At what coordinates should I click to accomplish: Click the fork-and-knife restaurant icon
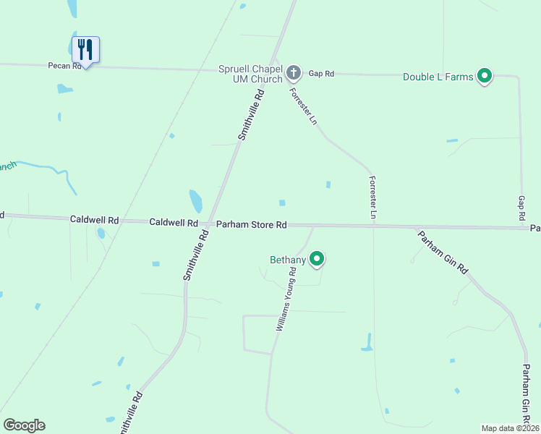[x=85, y=49]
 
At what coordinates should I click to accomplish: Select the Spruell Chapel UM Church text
[x=250, y=74]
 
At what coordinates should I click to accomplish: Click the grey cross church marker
[x=293, y=72]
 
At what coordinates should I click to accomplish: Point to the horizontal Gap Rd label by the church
[x=321, y=74]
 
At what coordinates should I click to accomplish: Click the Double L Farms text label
[x=438, y=77]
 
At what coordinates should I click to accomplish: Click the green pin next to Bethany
[x=317, y=258]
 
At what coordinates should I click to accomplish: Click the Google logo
[x=24, y=425]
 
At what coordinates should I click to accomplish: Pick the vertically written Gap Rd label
[x=521, y=208]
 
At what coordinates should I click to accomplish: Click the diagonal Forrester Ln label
[x=304, y=107]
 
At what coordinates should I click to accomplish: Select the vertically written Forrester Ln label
[x=372, y=197]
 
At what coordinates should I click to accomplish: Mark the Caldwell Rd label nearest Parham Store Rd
[x=174, y=223]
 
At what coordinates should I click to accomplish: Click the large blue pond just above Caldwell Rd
[x=195, y=200]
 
